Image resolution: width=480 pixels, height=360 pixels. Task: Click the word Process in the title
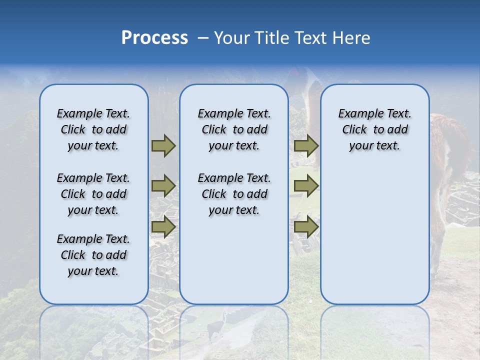pyautogui.click(x=154, y=38)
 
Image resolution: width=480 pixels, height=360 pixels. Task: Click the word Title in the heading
pyautogui.click(x=270, y=38)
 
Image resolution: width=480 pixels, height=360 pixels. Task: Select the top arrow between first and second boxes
pyautogui.click(x=163, y=145)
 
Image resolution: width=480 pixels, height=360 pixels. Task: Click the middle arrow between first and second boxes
pyautogui.click(x=163, y=186)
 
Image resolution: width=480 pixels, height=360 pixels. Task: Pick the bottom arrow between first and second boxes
pyautogui.click(x=163, y=226)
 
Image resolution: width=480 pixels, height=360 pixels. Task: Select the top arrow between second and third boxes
pyautogui.click(x=306, y=145)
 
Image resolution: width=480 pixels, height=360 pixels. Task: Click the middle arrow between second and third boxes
pyautogui.click(x=306, y=186)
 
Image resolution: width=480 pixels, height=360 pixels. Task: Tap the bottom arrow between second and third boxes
pyautogui.click(x=306, y=226)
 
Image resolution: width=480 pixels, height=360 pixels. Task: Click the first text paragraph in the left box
pyautogui.click(x=93, y=129)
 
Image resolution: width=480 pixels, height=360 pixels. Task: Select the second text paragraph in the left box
pyautogui.click(x=93, y=194)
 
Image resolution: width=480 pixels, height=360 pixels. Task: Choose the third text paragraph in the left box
pyautogui.click(x=93, y=255)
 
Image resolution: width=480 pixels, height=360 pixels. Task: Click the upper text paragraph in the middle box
pyautogui.click(x=234, y=129)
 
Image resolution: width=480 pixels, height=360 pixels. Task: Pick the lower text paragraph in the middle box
pyautogui.click(x=234, y=194)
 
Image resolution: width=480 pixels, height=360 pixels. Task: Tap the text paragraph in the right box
pyautogui.click(x=374, y=129)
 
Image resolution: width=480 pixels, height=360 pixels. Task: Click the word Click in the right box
pyautogui.click(x=354, y=129)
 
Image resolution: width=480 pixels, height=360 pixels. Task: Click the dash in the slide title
pyautogui.click(x=203, y=38)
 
